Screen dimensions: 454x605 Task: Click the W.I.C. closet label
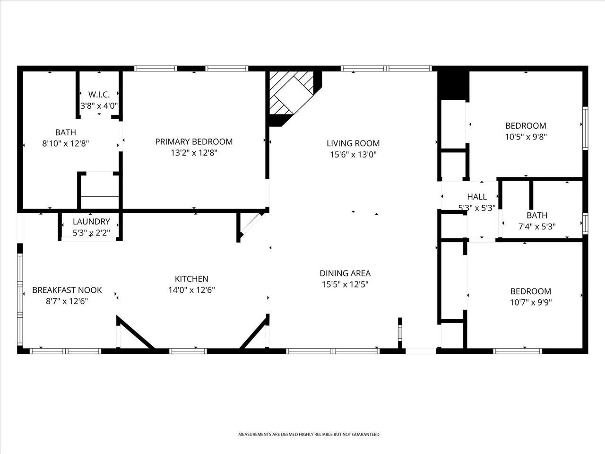99,95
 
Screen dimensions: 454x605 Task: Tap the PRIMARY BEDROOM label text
194,141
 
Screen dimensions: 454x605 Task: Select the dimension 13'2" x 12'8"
194,153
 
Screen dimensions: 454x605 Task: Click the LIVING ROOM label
353,143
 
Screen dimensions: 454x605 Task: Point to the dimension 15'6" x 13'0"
353,155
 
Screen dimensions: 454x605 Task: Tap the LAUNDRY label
91,221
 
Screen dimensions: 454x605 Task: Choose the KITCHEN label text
191,279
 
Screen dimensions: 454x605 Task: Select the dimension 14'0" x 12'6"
191,290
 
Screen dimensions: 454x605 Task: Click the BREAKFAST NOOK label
67,290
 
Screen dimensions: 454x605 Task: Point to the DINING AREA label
345,273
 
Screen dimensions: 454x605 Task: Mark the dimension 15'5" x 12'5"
345,285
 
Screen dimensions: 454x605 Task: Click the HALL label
477,197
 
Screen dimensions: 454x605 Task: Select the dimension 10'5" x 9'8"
526,137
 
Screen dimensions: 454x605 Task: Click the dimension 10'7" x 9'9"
530,303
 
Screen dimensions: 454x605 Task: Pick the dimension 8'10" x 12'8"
66,143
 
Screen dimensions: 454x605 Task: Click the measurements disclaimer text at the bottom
308,434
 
